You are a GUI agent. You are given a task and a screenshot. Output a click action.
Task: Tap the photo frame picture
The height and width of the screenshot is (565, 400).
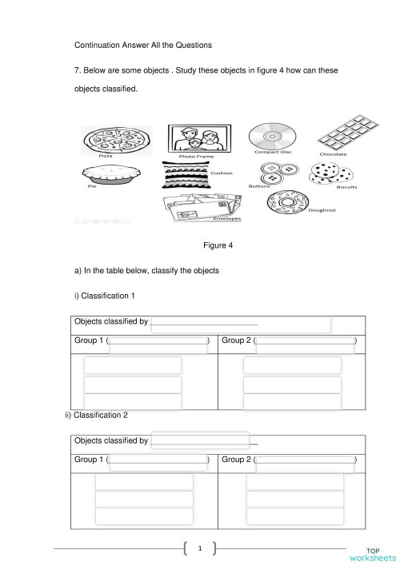click(x=198, y=137)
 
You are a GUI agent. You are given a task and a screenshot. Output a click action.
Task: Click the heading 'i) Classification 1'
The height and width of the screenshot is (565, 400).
click(x=104, y=296)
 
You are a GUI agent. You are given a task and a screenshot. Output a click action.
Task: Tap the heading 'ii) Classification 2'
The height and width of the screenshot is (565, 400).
click(x=95, y=415)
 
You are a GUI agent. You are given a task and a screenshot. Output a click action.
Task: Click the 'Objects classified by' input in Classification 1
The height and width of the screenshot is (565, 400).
click(x=240, y=324)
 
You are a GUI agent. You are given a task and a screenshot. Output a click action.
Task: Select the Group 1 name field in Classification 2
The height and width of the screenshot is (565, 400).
click(x=158, y=461)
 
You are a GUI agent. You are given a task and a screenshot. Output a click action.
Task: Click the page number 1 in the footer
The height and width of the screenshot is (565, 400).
click(x=200, y=548)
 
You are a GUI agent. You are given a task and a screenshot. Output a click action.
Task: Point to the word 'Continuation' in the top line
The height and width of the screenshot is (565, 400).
click(x=98, y=45)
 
